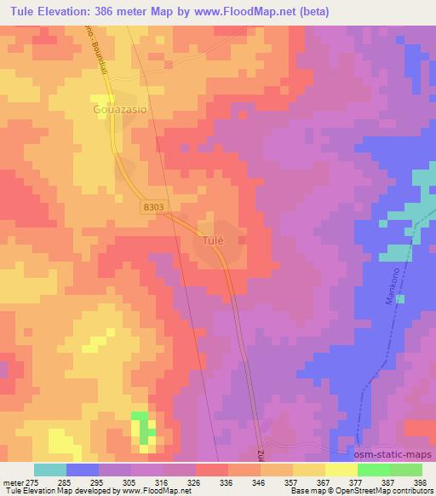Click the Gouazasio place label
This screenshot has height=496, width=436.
118,111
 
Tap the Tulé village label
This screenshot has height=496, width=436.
213,241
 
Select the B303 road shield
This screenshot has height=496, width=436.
152,206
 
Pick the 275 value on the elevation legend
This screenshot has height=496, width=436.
33,481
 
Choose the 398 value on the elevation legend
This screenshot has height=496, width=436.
421,481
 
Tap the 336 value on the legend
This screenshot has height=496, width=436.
227,481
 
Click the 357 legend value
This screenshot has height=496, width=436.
292,481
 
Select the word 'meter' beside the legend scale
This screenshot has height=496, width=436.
13,481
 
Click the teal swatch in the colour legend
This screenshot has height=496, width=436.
50,470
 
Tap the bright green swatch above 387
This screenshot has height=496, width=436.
373,470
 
